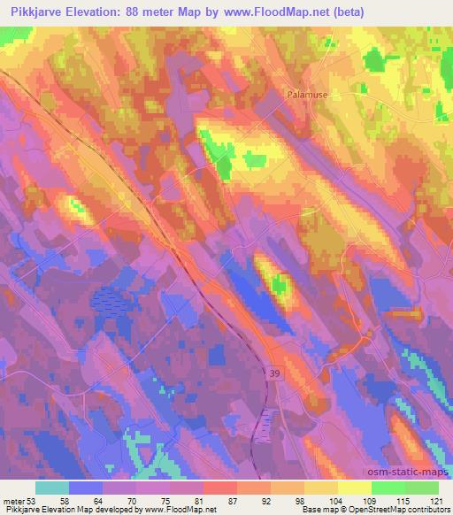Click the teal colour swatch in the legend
coord(52,488)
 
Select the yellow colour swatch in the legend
coord(355,488)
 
